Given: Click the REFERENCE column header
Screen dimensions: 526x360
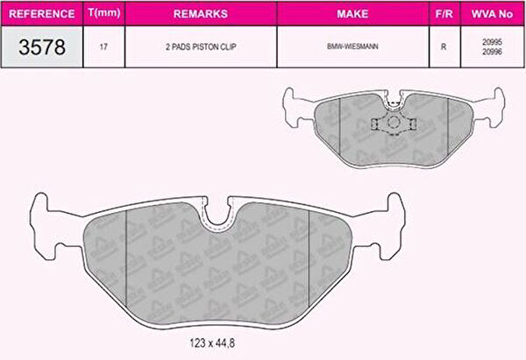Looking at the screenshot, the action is coord(41,14).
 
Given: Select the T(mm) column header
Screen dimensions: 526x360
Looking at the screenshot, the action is coord(104,13).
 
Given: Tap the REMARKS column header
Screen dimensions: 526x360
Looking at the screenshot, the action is coord(201,14).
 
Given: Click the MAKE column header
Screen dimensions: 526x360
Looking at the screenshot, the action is coord(352,14).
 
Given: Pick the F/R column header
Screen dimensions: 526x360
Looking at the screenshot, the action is coord(444,14).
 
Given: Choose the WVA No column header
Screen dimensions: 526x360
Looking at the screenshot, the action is coord(492,14).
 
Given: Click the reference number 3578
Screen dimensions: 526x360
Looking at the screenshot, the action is coord(42,47).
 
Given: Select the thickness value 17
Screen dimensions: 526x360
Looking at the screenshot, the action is coord(103,47).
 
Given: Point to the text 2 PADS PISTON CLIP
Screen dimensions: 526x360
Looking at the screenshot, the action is coord(201,47).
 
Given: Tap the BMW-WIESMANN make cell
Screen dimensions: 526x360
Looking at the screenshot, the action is coord(352,46).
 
